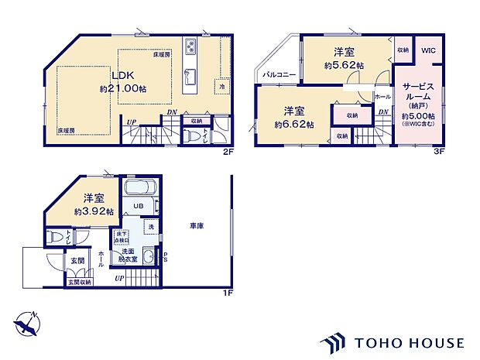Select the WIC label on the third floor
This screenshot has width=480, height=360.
429,50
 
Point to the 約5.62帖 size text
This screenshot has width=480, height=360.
343,66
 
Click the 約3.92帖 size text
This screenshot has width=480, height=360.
94,211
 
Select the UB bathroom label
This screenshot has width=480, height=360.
136,206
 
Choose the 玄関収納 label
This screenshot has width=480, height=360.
77,282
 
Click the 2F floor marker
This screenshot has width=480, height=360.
228,152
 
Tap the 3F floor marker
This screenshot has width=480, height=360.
439,152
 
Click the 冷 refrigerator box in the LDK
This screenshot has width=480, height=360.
221,87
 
